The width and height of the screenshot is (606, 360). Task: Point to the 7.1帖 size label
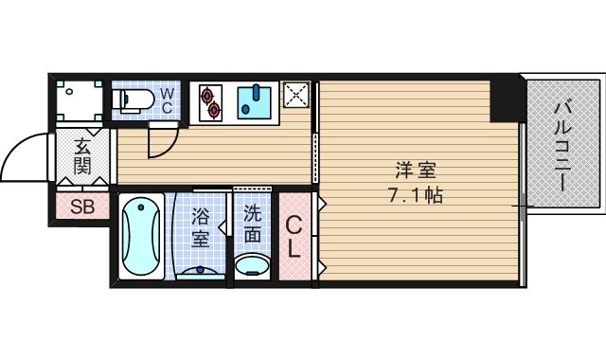tap(415, 197)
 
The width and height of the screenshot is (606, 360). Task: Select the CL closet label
tap(294, 238)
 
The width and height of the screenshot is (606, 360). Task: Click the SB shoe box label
tap(82, 207)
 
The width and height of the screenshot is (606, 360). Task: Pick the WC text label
tap(165, 100)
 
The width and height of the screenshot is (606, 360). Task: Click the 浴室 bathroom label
tap(201, 228)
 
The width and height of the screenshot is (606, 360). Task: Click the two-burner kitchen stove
tap(209, 100)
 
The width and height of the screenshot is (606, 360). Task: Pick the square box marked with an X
tap(295, 96)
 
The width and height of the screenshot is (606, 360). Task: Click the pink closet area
tap(294, 237)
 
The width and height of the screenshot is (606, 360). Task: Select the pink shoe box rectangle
tap(82, 207)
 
